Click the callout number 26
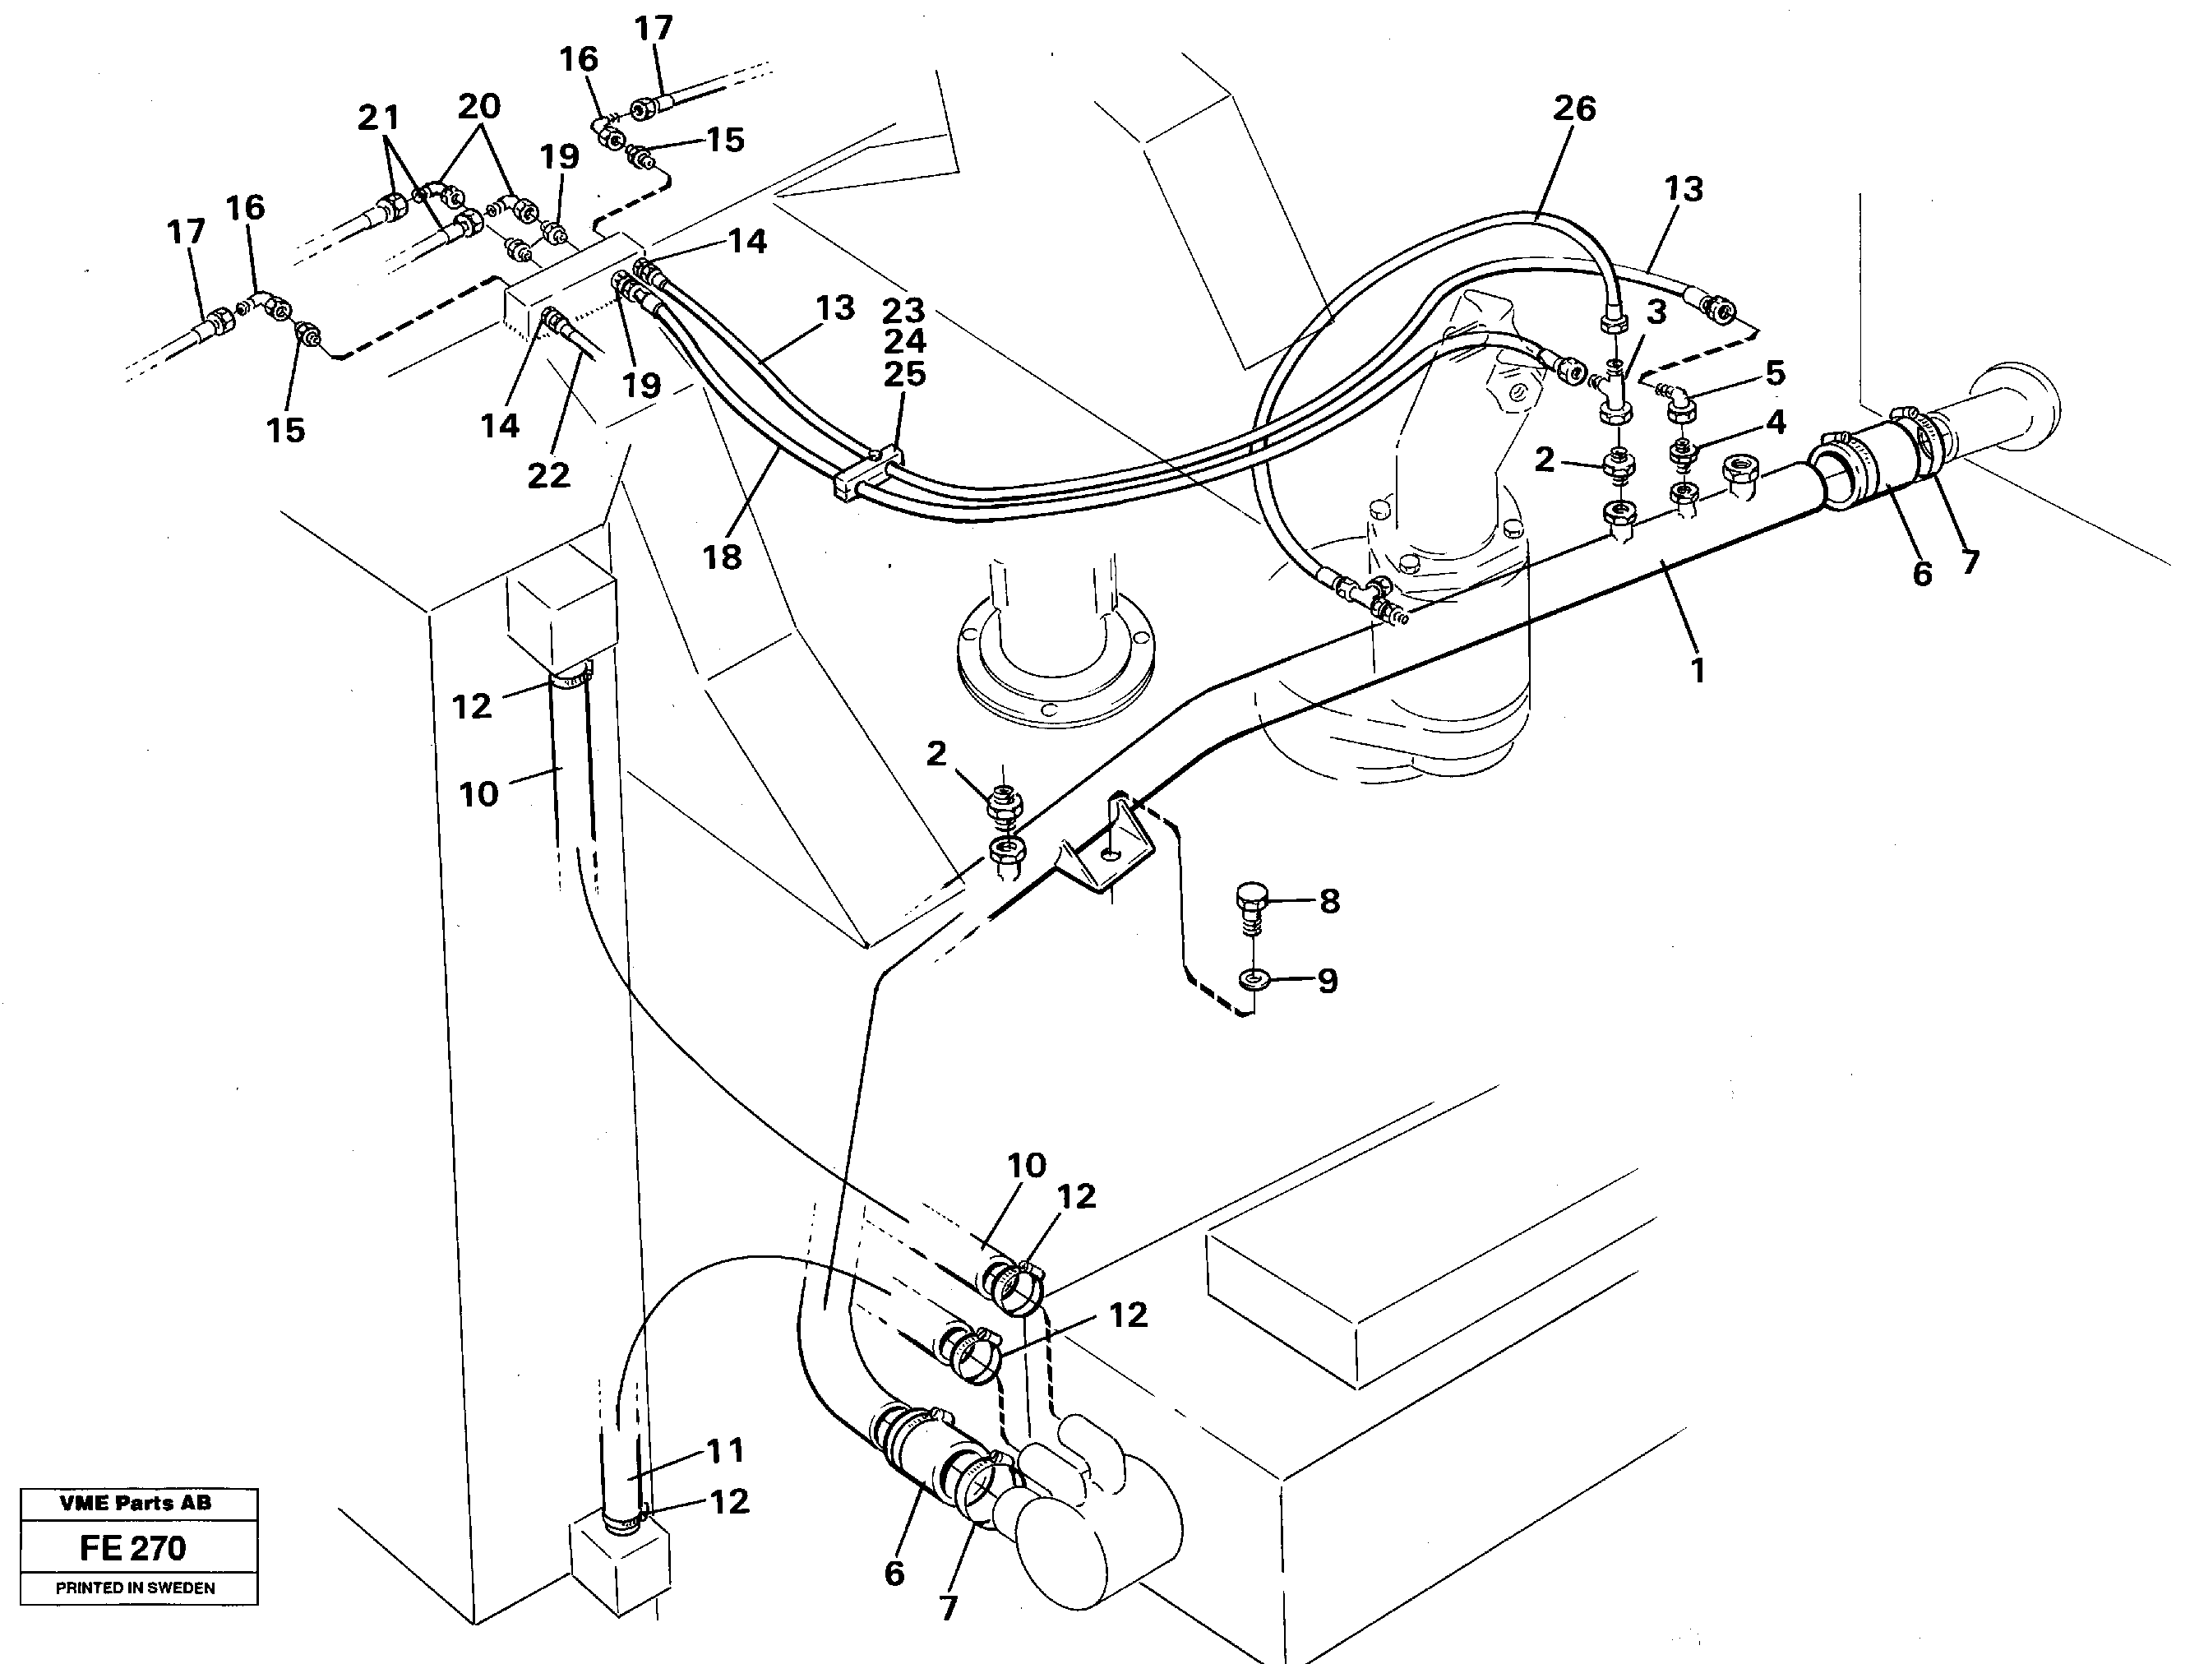click(1573, 109)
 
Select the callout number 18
click(722, 557)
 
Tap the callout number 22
click(549, 475)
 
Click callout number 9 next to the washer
click(1327, 980)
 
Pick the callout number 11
click(725, 1450)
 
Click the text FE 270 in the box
click(133, 1548)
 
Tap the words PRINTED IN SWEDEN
click(135, 1588)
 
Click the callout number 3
click(1656, 312)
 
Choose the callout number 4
click(1776, 422)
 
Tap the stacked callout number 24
click(903, 341)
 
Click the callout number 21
click(378, 118)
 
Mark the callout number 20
click(478, 105)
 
